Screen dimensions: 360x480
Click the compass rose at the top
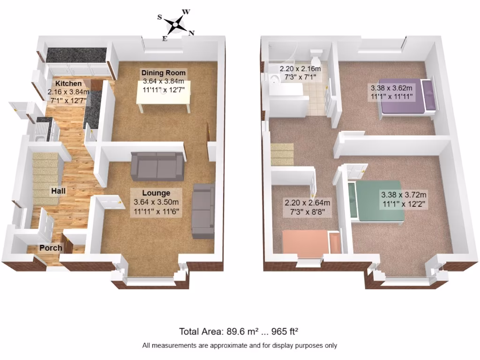pos(175,23)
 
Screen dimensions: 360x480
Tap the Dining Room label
pos(164,73)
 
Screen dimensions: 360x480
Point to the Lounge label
pos(156,193)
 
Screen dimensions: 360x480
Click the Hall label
pos(59,191)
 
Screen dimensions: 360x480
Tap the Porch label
pos(51,248)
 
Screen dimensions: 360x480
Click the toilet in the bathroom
pos(316,58)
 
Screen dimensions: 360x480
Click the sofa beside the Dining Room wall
pos(157,166)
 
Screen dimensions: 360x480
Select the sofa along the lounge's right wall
pos(203,210)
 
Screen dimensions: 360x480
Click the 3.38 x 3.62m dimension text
pos(391,88)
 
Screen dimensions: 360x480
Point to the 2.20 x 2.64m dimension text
pos(307,203)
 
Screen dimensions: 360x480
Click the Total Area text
pos(239,331)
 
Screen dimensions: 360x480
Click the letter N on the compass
pos(191,32)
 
